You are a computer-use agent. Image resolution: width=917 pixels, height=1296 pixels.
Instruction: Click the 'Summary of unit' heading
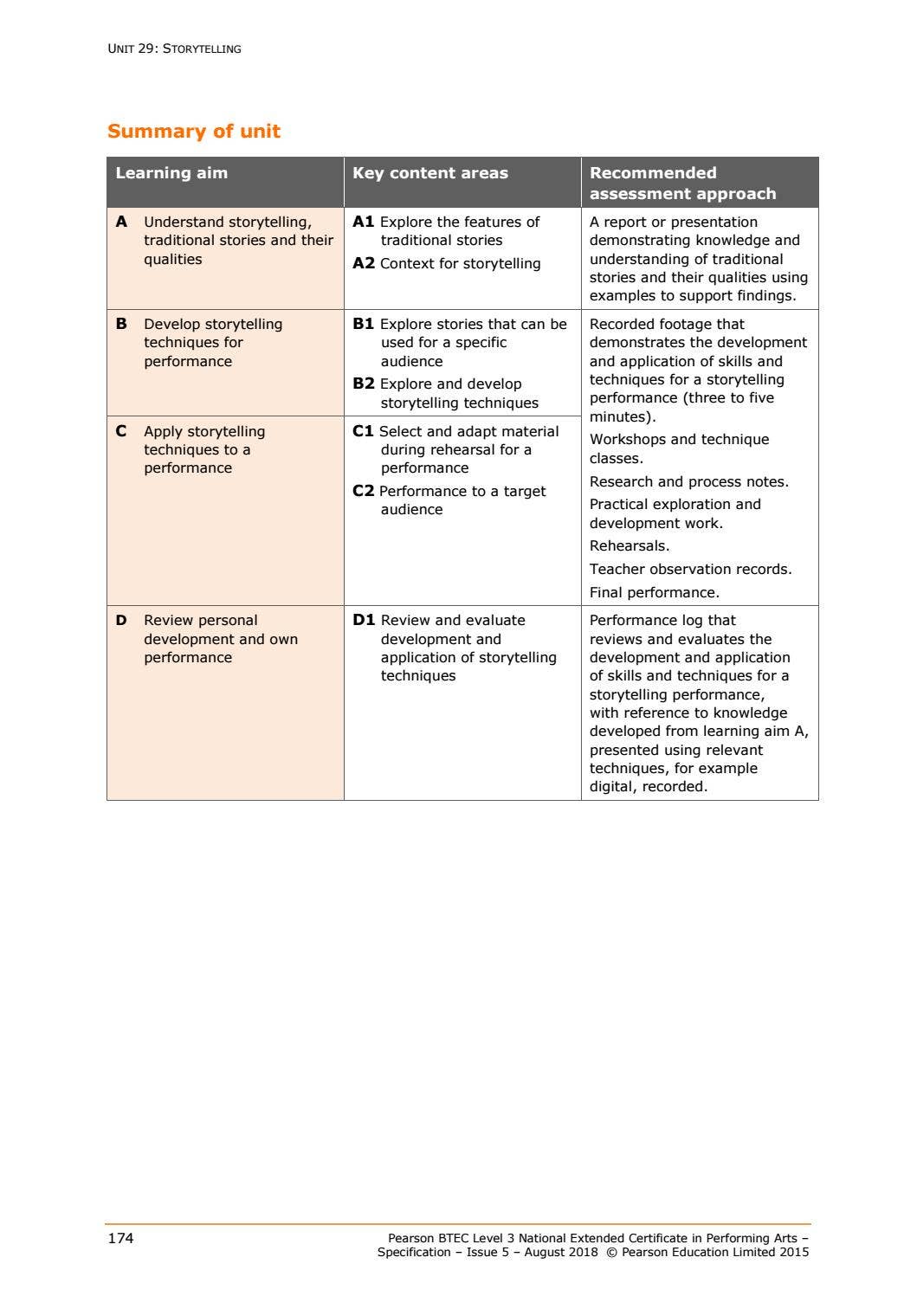pyautogui.click(x=194, y=132)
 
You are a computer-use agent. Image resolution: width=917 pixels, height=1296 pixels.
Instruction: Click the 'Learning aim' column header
pyautogui.click(x=171, y=173)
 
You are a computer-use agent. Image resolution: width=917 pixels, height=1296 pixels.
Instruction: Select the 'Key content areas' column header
pyautogui.click(x=429, y=173)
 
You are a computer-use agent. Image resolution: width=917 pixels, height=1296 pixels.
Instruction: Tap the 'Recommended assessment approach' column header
pyautogui.click(x=682, y=184)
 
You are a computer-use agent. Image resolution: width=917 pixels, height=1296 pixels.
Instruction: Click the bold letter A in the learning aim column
pyautogui.click(x=121, y=222)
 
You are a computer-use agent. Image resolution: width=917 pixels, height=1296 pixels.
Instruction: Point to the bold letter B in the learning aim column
pyautogui.click(x=121, y=325)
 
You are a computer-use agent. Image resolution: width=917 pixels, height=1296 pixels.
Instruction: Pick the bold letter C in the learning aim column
pyautogui.click(x=121, y=431)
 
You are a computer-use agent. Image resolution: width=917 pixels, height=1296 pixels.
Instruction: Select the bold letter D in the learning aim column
pyautogui.click(x=121, y=621)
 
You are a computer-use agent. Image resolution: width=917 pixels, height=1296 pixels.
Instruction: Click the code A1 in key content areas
pyautogui.click(x=363, y=222)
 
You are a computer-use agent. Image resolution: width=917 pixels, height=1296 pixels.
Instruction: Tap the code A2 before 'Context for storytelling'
pyautogui.click(x=363, y=264)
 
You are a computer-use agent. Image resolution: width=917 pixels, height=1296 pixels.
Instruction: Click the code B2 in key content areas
pyautogui.click(x=363, y=384)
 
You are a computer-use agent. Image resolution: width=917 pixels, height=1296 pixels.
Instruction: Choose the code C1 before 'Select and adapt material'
pyautogui.click(x=363, y=431)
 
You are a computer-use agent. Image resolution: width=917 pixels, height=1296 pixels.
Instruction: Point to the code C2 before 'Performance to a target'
pyautogui.click(x=363, y=492)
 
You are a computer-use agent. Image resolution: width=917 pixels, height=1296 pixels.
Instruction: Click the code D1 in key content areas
pyautogui.click(x=364, y=621)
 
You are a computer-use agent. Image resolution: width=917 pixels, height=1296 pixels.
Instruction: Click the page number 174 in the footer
pyautogui.click(x=120, y=1239)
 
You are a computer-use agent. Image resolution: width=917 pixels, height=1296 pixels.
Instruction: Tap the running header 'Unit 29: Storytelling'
pyautogui.click(x=174, y=49)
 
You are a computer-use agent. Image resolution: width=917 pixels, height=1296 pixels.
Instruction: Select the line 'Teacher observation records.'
pyautogui.click(x=690, y=570)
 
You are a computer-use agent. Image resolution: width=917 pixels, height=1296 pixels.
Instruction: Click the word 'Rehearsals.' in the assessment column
pyautogui.click(x=630, y=546)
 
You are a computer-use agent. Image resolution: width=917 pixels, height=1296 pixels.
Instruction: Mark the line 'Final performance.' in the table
pyautogui.click(x=654, y=593)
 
